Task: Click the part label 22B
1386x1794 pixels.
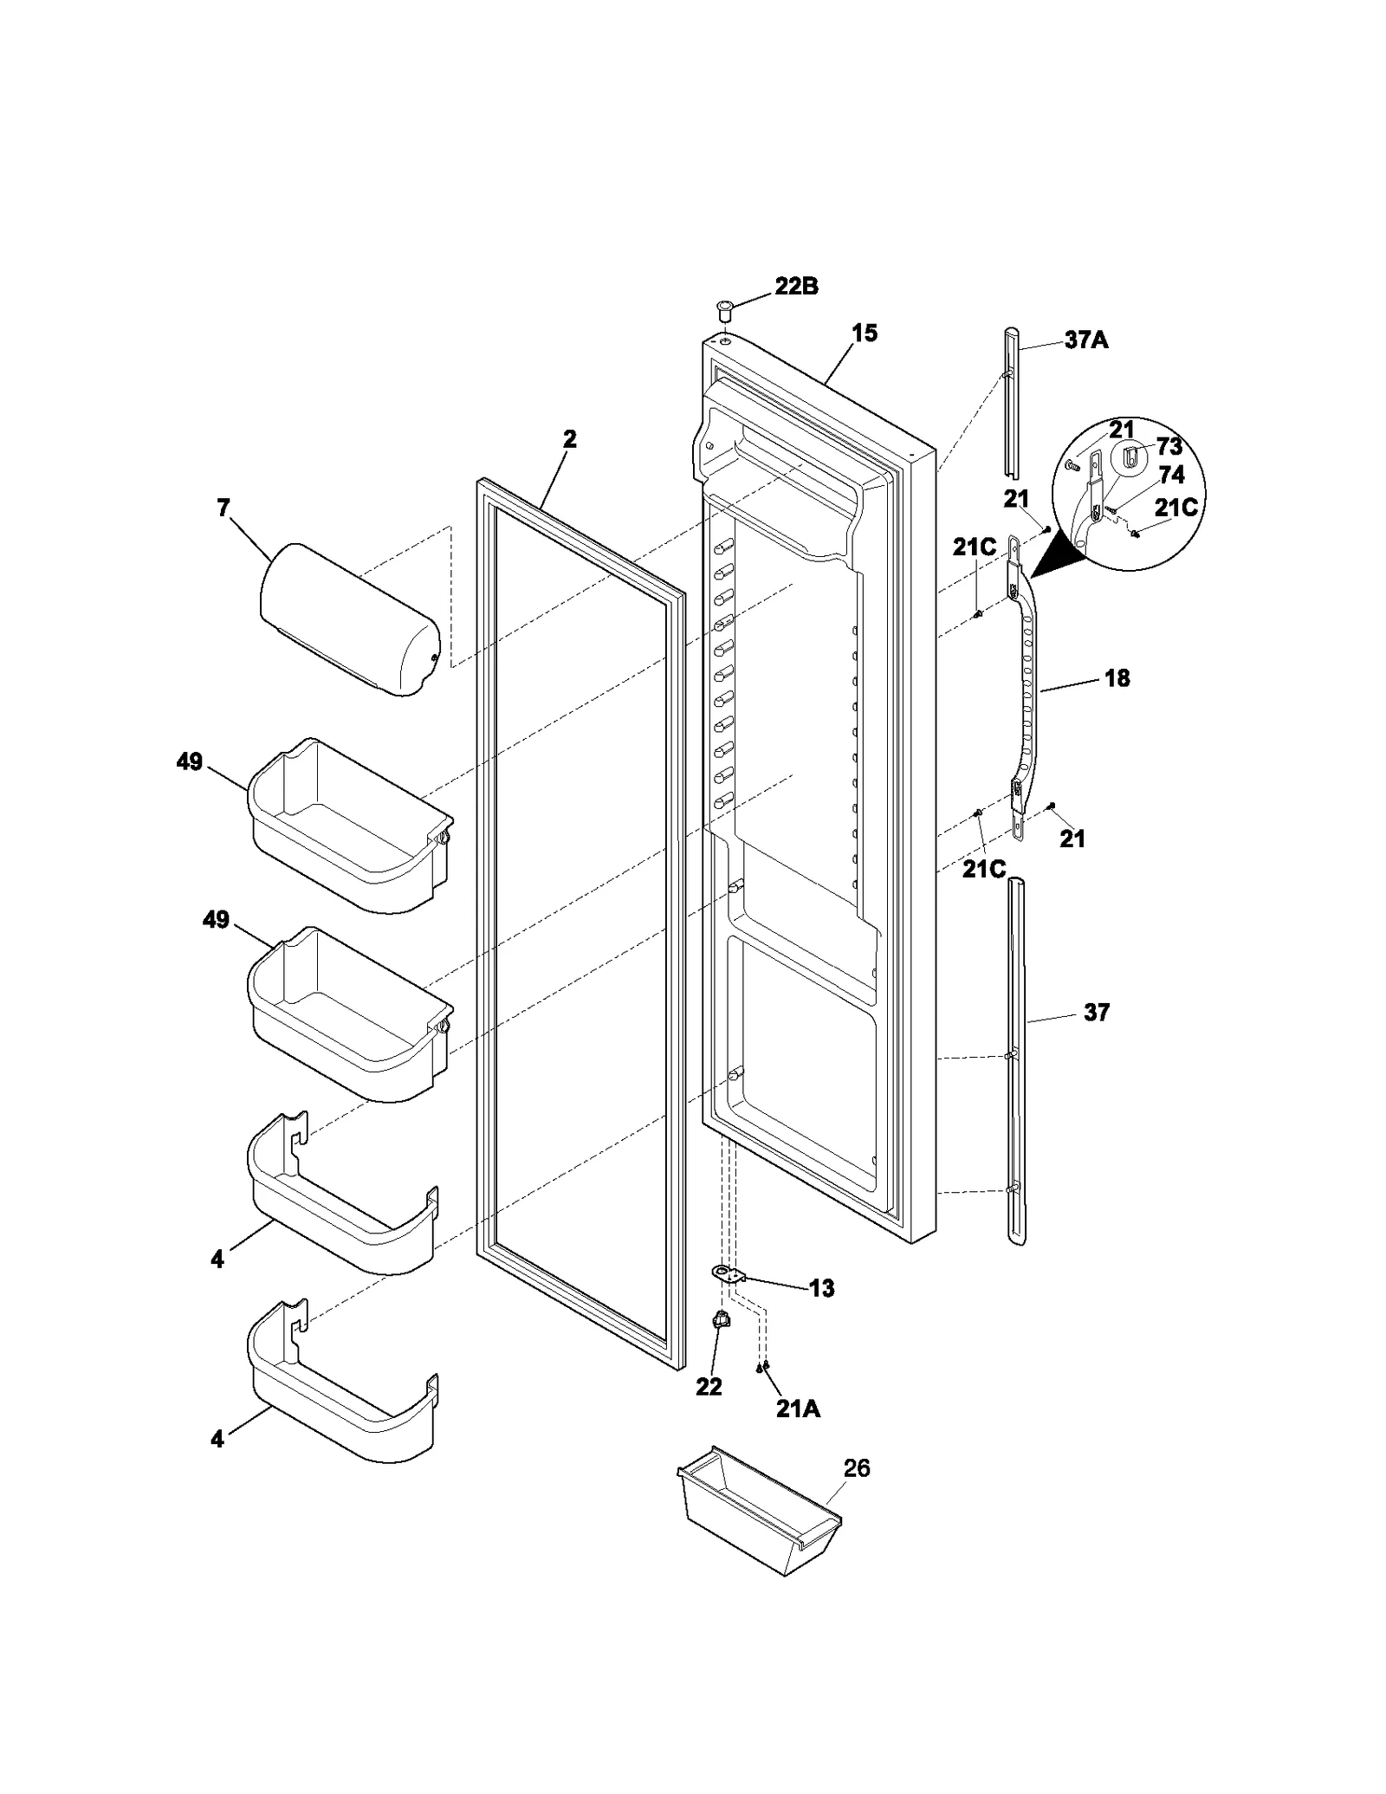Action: click(795, 287)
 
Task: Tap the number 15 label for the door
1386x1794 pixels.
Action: click(864, 333)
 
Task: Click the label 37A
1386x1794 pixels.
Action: click(1086, 340)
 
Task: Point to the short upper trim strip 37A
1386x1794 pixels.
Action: click(1012, 403)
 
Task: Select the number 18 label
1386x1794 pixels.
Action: click(1117, 678)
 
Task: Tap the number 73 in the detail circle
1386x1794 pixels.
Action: click(1169, 447)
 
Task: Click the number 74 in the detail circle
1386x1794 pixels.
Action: click(1171, 475)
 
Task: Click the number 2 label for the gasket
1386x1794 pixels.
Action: click(569, 439)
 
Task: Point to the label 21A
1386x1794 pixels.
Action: click(797, 1409)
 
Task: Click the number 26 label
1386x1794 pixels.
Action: click(856, 1468)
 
